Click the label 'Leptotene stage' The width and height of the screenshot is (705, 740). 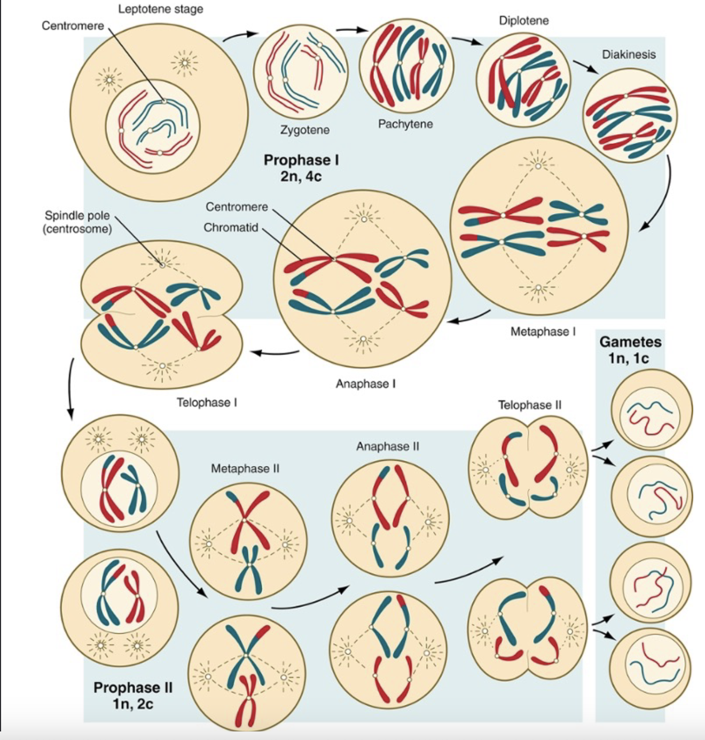pos(160,9)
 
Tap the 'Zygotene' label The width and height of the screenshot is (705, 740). pos(305,130)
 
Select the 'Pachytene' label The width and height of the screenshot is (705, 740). pos(405,124)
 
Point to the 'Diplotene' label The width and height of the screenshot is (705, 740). pos(523,20)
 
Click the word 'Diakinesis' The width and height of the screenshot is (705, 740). pos(629,54)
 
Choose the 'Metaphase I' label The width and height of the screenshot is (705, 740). pos(543,332)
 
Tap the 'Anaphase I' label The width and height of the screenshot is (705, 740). pos(365,383)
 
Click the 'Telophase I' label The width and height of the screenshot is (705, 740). pos(207,402)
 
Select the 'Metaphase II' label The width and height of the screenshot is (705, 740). pos(245,468)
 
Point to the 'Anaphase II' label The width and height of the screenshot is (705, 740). pos(387,446)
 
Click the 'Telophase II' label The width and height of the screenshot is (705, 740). pos(529,405)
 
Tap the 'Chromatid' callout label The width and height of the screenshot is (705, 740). pos(231,227)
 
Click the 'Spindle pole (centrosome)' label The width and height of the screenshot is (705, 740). pos(78,222)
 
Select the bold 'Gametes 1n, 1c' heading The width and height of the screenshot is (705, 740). pos(630,350)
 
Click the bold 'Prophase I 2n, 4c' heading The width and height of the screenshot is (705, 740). pos(301,168)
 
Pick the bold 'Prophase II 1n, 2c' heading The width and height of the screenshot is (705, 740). pos(133,695)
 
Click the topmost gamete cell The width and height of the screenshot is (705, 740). pos(651,410)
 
